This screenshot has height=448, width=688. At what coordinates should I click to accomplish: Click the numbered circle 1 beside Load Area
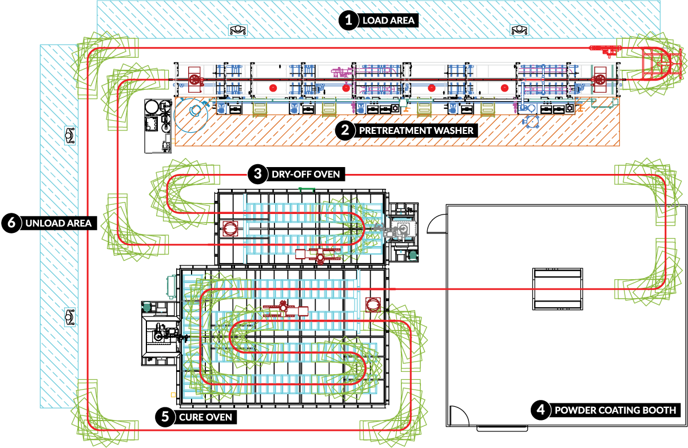point(348,21)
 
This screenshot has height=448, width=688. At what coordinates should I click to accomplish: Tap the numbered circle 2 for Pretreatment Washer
point(345,130)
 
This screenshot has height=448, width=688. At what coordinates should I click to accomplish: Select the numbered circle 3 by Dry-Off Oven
point(258,174)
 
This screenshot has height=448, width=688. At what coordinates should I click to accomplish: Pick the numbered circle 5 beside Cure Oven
point(165,417)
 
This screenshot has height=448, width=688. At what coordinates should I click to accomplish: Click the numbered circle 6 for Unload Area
point(11,223)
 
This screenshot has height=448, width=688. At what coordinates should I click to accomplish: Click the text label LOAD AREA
point(388,21)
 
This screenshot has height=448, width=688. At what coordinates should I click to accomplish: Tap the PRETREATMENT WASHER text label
point(416,130)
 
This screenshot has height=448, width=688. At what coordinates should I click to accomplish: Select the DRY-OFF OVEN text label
point(306,174)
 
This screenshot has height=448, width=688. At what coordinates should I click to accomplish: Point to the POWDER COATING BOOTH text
point(615,410)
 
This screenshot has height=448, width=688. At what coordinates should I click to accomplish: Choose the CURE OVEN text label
point(205,417)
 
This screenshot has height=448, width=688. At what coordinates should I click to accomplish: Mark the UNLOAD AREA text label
point(58,223)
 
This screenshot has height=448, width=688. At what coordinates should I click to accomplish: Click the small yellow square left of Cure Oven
point(173,395)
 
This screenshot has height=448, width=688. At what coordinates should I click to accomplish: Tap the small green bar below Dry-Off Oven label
point(307,189)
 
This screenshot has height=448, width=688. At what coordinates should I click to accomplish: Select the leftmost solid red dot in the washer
point(273,88)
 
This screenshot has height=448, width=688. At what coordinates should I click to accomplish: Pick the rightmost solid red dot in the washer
point(504,88)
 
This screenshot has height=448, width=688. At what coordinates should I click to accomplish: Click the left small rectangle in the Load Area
point(238,30)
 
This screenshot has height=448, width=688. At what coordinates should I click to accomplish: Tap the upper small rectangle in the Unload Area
point(70,135)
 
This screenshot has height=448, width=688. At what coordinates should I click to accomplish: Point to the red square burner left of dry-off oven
point(230,229)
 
